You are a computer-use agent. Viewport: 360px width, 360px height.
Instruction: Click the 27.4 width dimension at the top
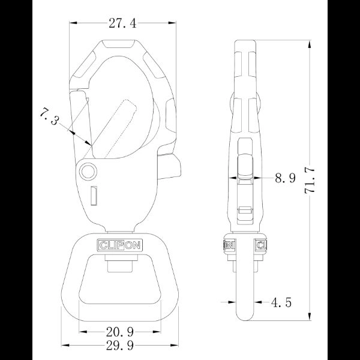pyautogui.click(x=123, y=23)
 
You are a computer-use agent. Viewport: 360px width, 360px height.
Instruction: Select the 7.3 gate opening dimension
pyautogui.click(x=50, y=116)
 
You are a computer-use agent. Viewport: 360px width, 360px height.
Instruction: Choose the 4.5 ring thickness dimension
pyautogui.click(x=281, y=302)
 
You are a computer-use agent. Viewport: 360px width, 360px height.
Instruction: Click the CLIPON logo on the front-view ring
pyautogui.click(x=122, y=245)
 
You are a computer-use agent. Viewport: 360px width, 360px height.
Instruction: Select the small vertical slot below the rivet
pyautogui.click(x=94, y=195)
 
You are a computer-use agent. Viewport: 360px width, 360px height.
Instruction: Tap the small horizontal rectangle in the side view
pyautogui.click(x=244, y=210)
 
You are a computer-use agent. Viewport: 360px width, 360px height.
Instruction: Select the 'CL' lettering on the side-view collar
pyautogui.click(x=262, y=245)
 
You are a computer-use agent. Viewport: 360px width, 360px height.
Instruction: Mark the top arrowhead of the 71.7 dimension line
pyautogui.click(x=310, y=44)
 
